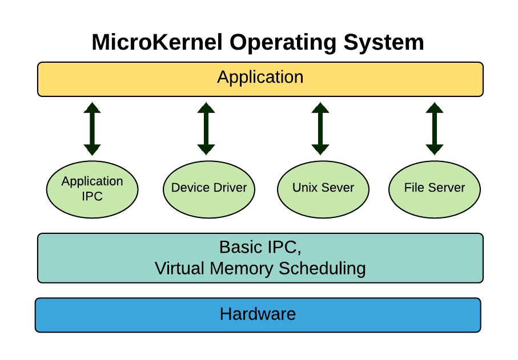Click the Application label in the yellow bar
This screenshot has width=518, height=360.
(260, 77)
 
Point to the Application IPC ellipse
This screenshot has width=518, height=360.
(92, 189)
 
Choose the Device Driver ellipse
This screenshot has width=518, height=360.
(209, 189)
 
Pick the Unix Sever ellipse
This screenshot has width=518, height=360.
(323, 189)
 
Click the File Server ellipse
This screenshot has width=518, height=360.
(435, 189)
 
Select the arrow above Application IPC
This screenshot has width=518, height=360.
(92, 129)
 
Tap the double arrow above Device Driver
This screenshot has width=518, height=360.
(206, 129)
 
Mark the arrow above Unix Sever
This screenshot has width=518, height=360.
(320, 129)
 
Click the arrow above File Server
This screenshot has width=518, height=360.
(435, 129)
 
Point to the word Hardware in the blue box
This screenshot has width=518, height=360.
(258, 314)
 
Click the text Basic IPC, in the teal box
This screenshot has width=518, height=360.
(260, 247)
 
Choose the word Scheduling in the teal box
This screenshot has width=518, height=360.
(322, 268)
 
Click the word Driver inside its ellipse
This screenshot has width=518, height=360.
(228, 188)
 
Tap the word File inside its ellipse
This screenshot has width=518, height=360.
(414, 188)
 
